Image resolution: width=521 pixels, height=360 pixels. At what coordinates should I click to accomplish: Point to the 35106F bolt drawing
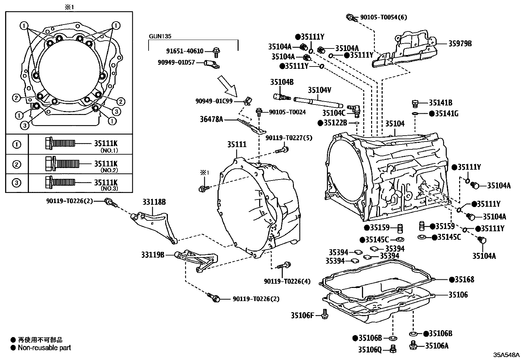click(x=325, y=314)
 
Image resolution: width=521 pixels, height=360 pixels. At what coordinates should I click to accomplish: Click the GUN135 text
click(x=160, y=36)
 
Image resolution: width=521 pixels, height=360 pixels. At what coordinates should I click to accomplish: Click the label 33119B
click(x=153, y=254)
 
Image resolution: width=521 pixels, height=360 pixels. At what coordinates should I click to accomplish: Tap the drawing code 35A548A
click(x=506, y=355)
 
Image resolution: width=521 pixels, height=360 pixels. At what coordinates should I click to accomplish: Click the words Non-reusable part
click(x=44, y=348)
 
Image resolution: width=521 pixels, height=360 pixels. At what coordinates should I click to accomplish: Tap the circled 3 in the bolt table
click(x=17, y=183)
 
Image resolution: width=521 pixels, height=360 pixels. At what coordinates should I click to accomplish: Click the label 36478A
click(x=211, y=120)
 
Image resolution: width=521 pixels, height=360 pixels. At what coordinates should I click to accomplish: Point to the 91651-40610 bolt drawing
click(x=216, y=51)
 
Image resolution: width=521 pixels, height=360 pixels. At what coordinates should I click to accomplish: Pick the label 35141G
click(x=447, y=114)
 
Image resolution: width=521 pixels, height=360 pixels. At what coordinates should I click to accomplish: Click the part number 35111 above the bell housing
click(x=237, y=144)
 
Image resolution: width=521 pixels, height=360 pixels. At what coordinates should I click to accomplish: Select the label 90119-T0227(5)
click(x=289, y=138)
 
